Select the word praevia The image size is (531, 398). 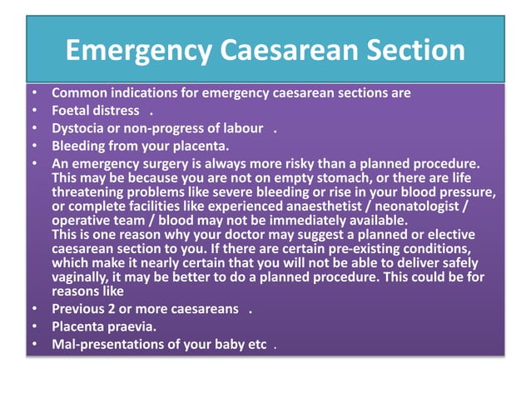132,326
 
